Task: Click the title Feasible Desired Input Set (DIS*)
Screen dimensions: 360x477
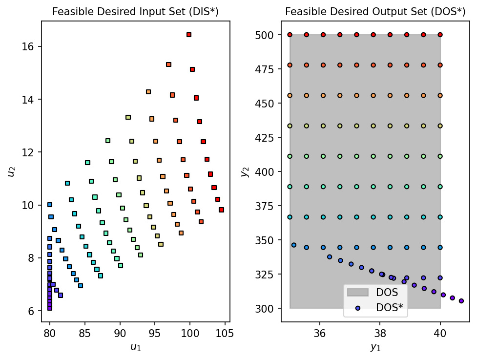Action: point(135,11)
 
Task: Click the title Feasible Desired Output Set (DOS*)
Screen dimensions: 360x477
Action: point(375,11)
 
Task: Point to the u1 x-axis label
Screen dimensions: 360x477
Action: point(135,347)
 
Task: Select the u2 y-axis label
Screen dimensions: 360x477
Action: point(10,171)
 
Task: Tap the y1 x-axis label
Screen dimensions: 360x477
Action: point(375,347)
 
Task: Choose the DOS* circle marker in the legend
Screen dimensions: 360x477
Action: point(358,308)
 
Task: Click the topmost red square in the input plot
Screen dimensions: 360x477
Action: point(189,35)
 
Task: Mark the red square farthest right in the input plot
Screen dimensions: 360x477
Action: point(221,210)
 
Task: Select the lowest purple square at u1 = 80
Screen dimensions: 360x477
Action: point(50,308)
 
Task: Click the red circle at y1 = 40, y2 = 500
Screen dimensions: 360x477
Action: point(440,35)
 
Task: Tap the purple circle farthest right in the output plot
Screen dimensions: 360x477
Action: point(461,301)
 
